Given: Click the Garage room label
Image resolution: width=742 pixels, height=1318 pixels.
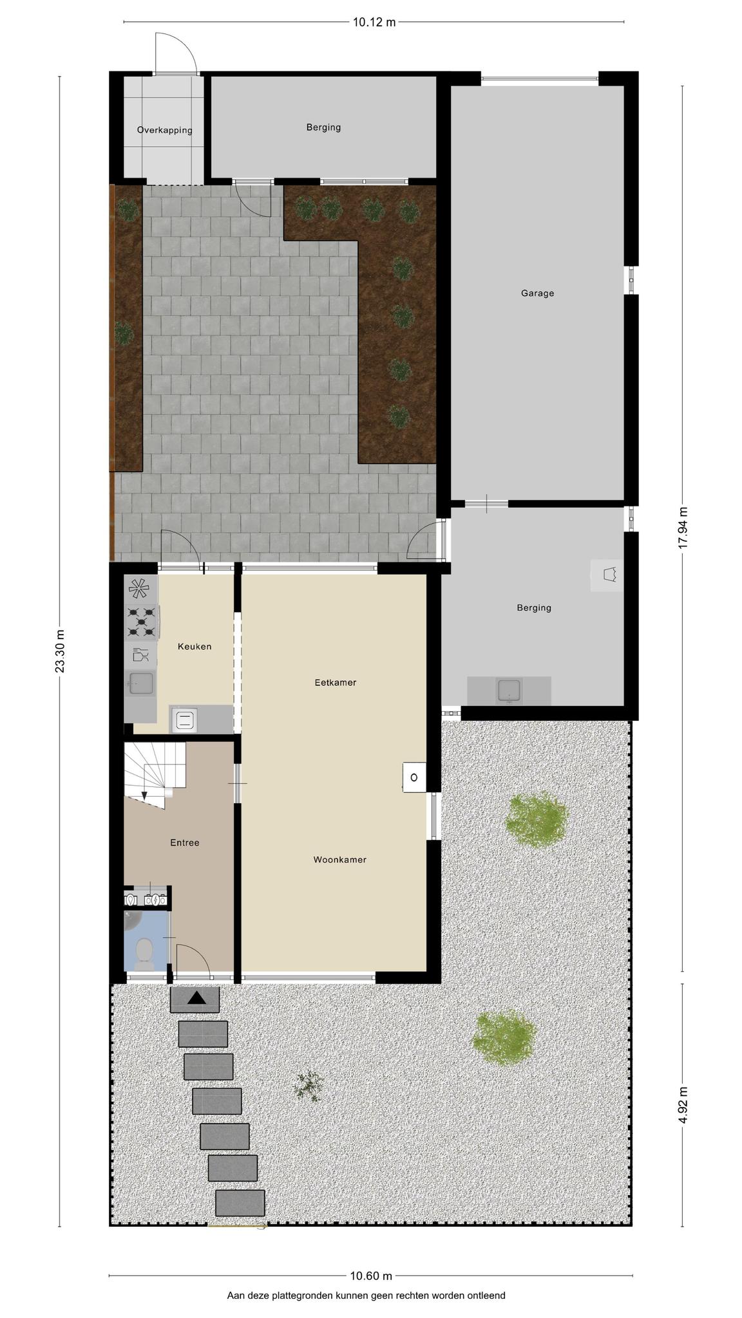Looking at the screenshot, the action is [537, 293].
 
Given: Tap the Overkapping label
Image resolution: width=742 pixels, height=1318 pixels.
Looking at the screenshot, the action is [164, 130].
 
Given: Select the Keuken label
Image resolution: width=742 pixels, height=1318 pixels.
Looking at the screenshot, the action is [195, 646].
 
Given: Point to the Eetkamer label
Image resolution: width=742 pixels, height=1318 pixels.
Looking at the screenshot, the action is [335, 682].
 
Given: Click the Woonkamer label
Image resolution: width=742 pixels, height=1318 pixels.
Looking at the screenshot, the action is [339, 859].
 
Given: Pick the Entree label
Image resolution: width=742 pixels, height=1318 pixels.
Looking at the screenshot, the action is [185, 842].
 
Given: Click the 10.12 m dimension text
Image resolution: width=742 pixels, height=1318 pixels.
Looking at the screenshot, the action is [374, 23].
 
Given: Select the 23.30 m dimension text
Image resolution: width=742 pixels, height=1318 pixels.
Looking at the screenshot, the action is [60, 651].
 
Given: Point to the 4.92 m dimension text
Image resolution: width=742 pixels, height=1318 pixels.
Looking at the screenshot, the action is [683, 1105].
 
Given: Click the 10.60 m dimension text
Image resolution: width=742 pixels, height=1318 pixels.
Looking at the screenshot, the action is [371, 1276].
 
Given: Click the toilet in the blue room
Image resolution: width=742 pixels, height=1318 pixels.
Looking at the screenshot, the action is [145, 954].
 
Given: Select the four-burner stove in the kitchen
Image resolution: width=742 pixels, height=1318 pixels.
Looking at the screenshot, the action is [142, 621].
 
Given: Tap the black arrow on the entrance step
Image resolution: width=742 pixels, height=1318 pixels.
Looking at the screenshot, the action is [196, 998].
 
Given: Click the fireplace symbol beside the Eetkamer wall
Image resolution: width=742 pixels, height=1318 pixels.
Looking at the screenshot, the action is [414, 777].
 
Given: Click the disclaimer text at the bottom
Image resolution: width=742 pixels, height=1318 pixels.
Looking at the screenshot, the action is [366, 1295].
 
